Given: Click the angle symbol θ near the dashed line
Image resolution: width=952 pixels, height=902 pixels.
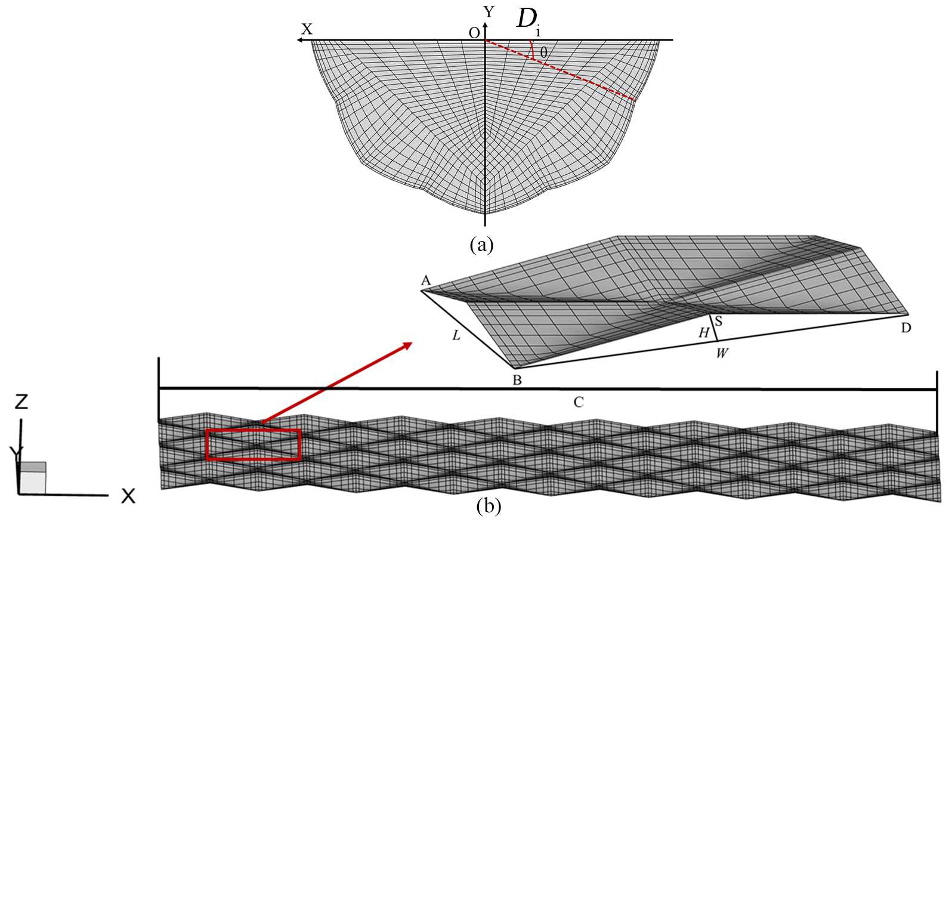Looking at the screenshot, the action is pyautogui.click(x=543, y=53).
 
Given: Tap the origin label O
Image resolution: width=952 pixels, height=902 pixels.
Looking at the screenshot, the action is pyautogui.click(x=474, y=33).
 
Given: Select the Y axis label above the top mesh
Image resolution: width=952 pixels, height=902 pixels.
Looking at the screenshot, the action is pyautogui.click(x=489, y=11).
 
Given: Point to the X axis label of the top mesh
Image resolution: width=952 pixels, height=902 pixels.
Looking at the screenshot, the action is pyautogui.click(x=307, y=29).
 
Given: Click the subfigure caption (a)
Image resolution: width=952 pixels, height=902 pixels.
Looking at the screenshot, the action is pyautogui.click(x=481, y=245).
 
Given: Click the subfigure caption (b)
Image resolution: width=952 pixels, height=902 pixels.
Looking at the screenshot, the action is pyautogui.click(x=489, y=506).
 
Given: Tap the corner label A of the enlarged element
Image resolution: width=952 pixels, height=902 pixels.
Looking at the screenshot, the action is pyautogui.click(x=425, y=280).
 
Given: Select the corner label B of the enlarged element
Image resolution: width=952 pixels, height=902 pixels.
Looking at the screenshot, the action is pyautogui.click(x=517, y=380).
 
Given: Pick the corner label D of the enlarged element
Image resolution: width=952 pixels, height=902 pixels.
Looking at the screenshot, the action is pyautogui.click(x=905, y=328).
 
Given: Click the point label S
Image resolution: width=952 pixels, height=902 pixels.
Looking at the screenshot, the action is pyautogui.click(x=719, y=322).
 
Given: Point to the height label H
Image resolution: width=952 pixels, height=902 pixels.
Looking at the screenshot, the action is pyautogui.click(x=704, y=333).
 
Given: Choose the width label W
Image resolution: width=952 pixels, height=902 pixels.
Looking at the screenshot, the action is pyautogui.click(x=722, y=353).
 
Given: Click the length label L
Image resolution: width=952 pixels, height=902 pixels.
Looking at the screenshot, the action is pyautogui.click(x=456, y=335).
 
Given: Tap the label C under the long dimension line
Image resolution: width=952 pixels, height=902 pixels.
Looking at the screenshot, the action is pyautogui.click(x=578, y=403).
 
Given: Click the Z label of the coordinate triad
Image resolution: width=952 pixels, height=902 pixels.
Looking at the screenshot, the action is pyautogui.click(x=21, y=402).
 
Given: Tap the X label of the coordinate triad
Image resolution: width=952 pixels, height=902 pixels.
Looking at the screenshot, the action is pyautogui.click(x=128, y=496).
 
